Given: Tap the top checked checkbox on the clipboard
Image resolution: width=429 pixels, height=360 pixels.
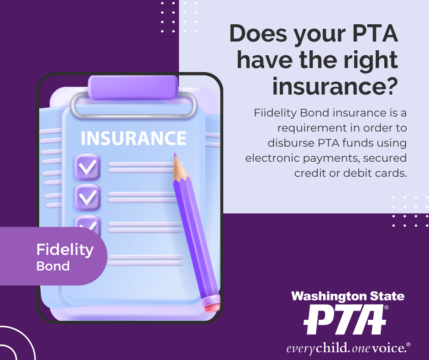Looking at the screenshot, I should pyautogui.click(x=88, y=167).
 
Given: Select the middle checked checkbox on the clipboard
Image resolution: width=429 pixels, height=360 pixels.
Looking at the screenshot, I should pyautogui.click(x=88, y=197).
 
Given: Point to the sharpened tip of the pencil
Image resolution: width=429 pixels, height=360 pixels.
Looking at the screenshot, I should pyautogui.click(x=174, y=155).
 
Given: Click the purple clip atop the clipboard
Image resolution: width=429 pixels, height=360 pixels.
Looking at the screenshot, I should pyautogui.click(x=133, y=87).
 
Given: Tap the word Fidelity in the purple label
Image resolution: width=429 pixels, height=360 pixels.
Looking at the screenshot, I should pyautogui.click(x=65, y=250).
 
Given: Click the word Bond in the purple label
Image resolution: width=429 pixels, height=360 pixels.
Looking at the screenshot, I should pyautogui.click(x=53, y=266).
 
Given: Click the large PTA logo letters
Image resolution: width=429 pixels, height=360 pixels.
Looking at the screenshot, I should pyautogui.click(x=345, y=319).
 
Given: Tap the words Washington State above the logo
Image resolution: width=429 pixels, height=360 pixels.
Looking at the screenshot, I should pyautogui.click(x=348, y=296).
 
